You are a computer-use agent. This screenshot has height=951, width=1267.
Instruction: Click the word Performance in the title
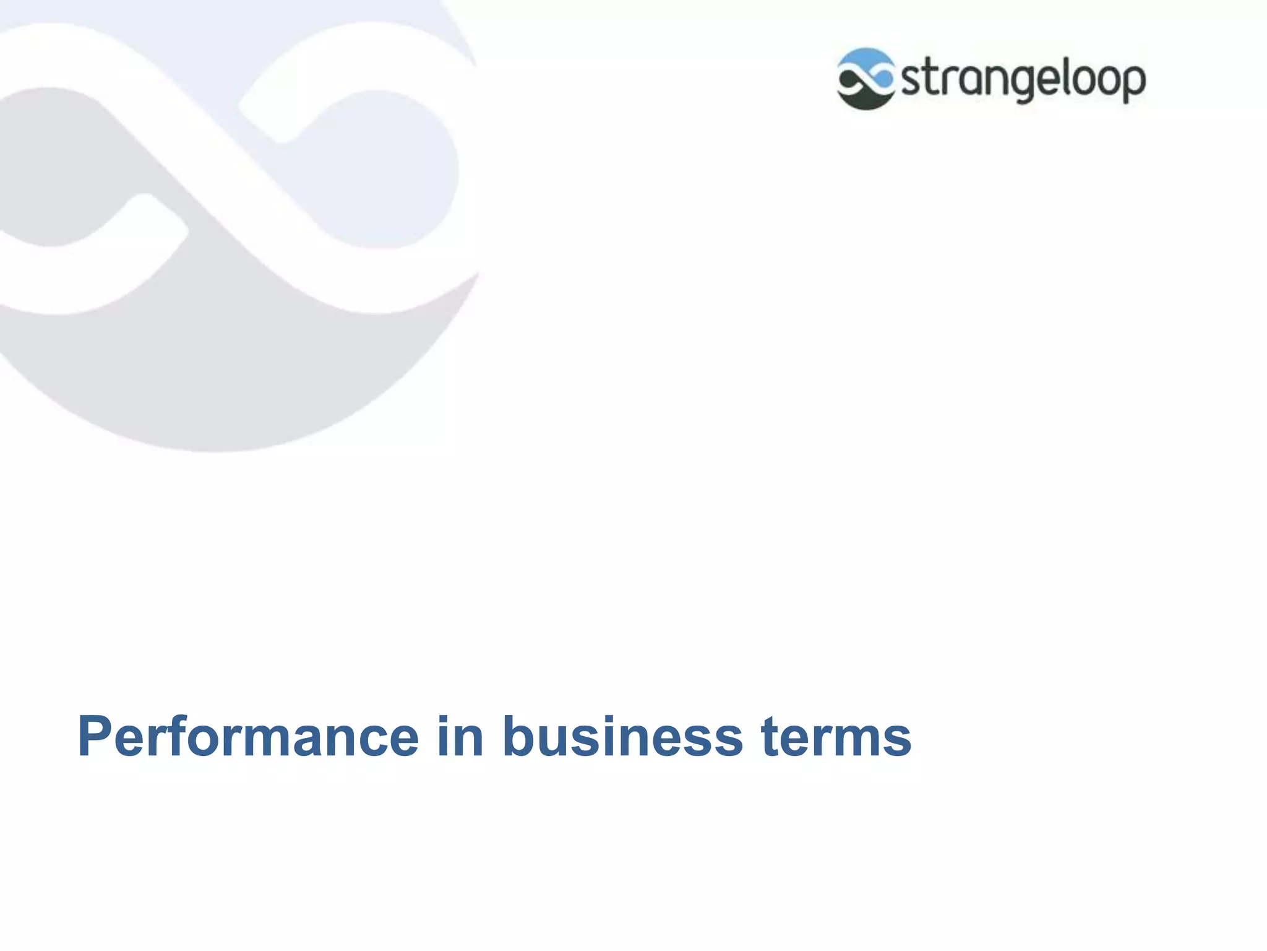coord(248,737)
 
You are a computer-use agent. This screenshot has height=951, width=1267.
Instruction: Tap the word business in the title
coord(622,737)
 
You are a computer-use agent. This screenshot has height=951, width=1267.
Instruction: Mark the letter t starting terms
coord(770,738)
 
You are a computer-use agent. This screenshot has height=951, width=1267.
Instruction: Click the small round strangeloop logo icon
coord(865,79)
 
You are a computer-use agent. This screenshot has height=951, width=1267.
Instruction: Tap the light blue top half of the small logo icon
coord(865,59)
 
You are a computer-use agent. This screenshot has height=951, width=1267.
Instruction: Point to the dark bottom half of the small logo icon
coord(865,100)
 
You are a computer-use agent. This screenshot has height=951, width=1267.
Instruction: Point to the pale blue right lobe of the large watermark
coord(384,167)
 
